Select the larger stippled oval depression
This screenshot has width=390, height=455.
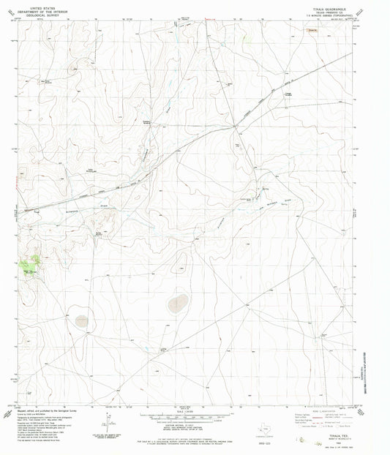[176, 304]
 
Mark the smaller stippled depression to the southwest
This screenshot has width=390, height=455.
[83, 320]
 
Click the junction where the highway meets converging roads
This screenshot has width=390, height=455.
[234, 127]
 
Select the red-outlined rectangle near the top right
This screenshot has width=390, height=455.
[313, 31]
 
